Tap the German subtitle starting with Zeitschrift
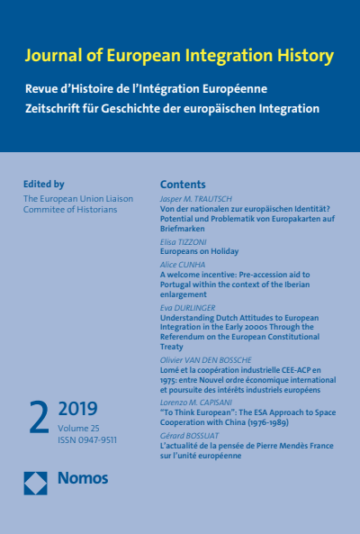pos(172,108)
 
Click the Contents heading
pos(183,182)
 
